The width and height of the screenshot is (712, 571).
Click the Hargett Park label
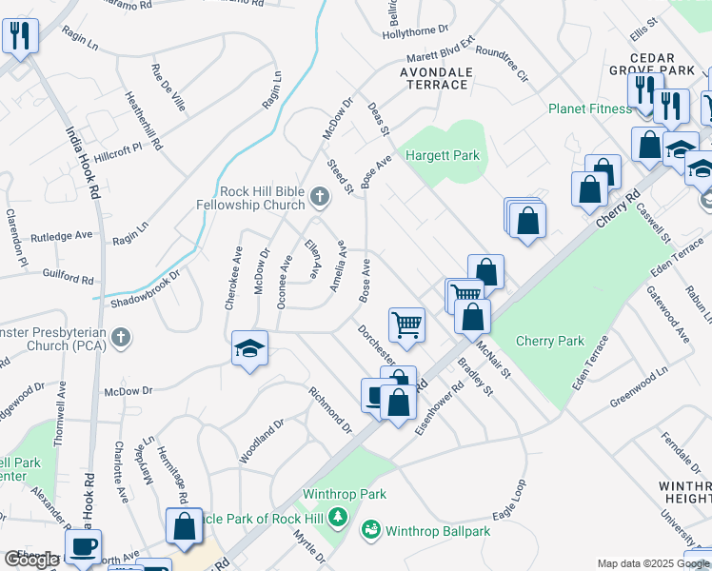tap(443, 155)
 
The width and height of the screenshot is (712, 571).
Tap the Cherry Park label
tap(549, 341)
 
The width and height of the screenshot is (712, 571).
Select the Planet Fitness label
tap(589, 108)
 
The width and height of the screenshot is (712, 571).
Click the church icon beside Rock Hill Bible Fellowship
tap(320, 199)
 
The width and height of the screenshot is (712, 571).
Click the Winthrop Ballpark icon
tap(371, 527)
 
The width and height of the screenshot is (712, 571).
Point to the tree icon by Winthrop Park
tap(336, 517)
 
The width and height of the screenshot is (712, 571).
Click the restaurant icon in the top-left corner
tap(19, 35)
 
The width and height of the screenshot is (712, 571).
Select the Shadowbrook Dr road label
tap(145, 288)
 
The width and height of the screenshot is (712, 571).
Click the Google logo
tap(32, 560)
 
